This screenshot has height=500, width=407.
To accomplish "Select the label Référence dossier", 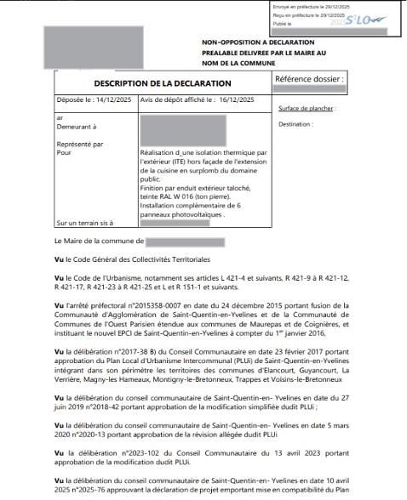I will (x=309, y=79).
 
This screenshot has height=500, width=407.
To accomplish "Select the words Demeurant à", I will (x=74, y=125).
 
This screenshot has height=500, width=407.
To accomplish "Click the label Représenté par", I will (x=78, y=144).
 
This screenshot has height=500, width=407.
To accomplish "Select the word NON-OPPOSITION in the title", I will (x=229, y=41).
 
